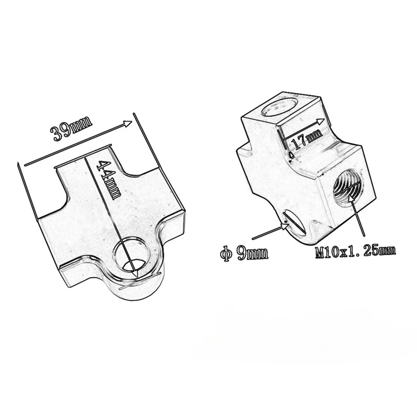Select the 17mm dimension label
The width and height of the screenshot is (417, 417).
[307, 139]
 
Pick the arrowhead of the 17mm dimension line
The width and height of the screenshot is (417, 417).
[321, 121]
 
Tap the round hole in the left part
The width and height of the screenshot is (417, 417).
[133, 255]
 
